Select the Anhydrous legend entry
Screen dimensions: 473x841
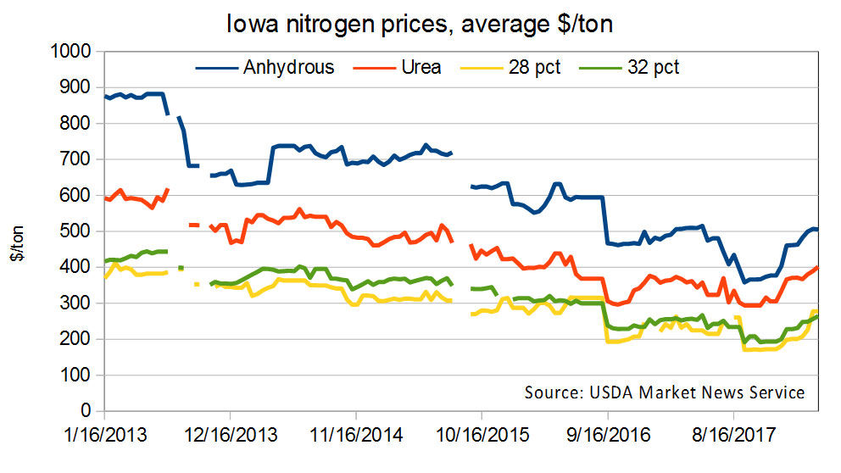click(x=288, y=67)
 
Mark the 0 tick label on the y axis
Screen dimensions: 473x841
click(x=86, y=411)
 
